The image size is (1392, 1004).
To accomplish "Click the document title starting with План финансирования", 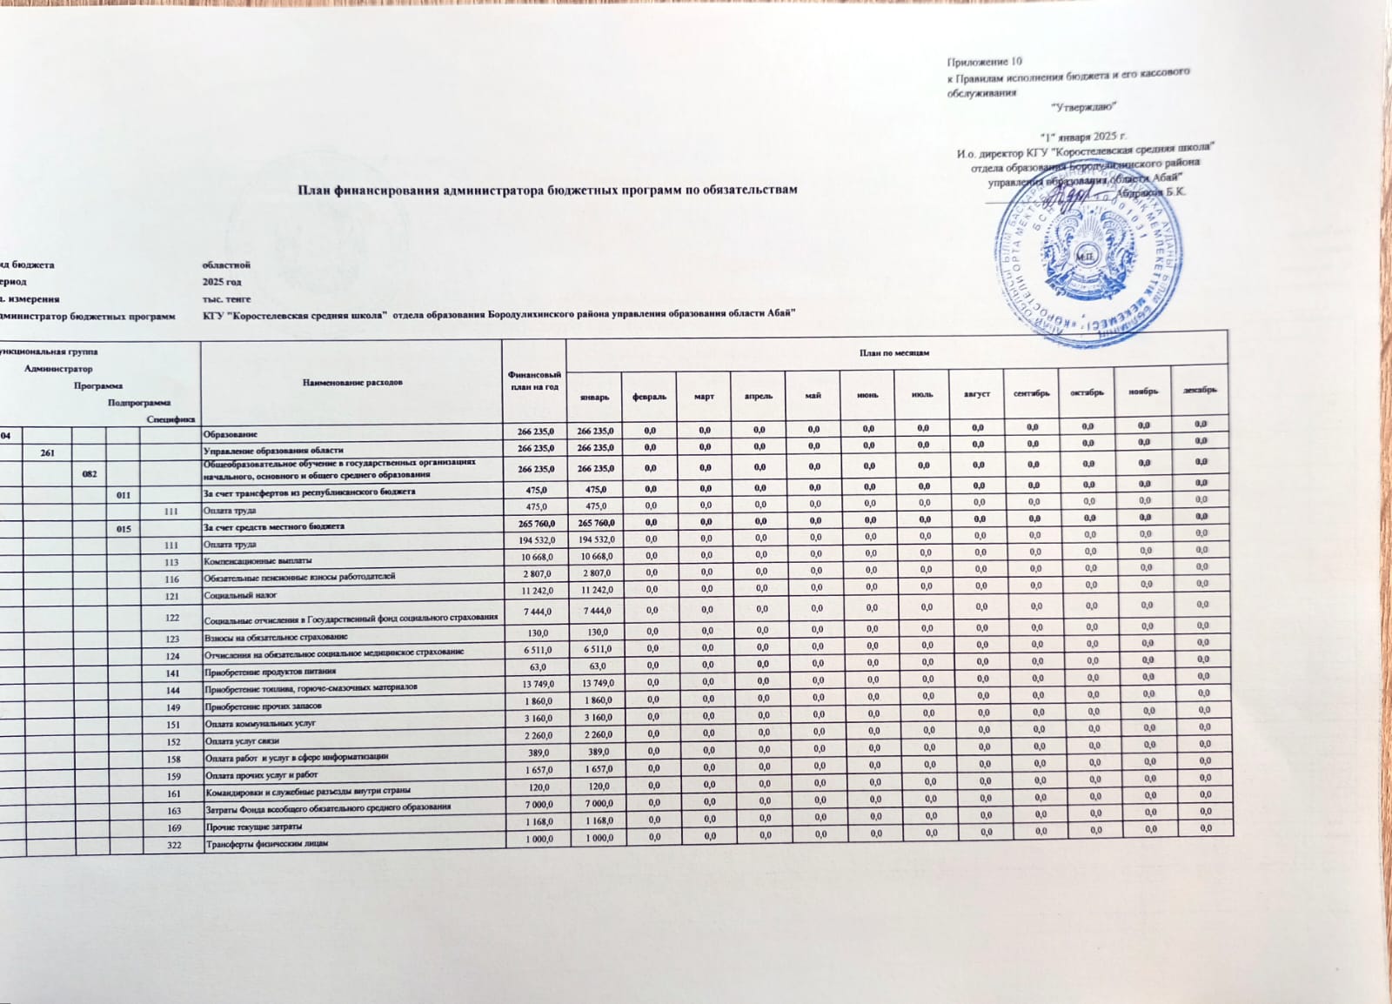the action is tap(547, 189).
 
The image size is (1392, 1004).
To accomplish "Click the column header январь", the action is tap(593, 397).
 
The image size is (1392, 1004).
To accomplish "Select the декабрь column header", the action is tap(1199, 390).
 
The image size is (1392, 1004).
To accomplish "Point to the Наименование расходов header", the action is tap(351, 383).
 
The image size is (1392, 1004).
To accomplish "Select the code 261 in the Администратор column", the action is tap(55, 451).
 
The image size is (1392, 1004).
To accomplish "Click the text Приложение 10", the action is tap(984, 62).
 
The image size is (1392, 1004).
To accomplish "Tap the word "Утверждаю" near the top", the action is tap(1083, 106).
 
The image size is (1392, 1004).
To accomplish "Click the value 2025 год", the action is tap(221, 282).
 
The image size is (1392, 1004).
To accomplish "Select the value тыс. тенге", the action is tap(226, 299).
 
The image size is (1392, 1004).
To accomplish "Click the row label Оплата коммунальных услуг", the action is tap(258, 724).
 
